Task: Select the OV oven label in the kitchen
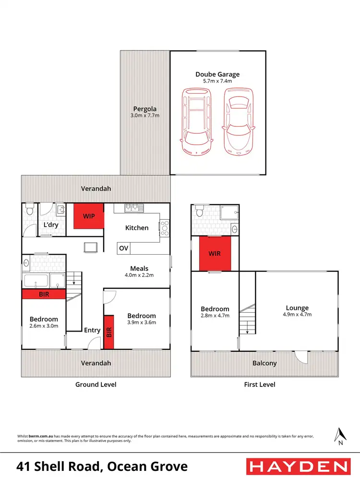pyautogui.click(x=123, y=248)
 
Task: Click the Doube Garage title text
pyautogui.click(x=217, y=74)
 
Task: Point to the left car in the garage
pyautogui.click(x=196, y=122)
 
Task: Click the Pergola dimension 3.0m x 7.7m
pyautogui.click(x=145, y=116)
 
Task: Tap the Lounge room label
pyautogui.click(x=297, y=308)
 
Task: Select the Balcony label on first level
pyautogui.click(x=264, y=363)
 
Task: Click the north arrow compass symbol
pyautogui.click(x=340, y=435)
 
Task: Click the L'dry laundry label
pyautogui.click(x=51, y=225)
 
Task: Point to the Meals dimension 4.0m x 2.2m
pyautogui.click(x=139, y=276)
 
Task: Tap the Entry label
pyautogui.click(x=92, y=330)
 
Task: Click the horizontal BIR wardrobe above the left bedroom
pyautogui.click(x=43, y=294)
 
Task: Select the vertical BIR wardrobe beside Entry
pyautogui.click(x=108, y=332)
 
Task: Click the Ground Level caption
pyautogui.click(x=96, y=384)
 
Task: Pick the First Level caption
pyautogui.click(x=260, y=384)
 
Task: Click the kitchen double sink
pyautogui.click(x=132, y=208)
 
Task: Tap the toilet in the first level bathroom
pyautogui.click(x=200, y=211)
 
